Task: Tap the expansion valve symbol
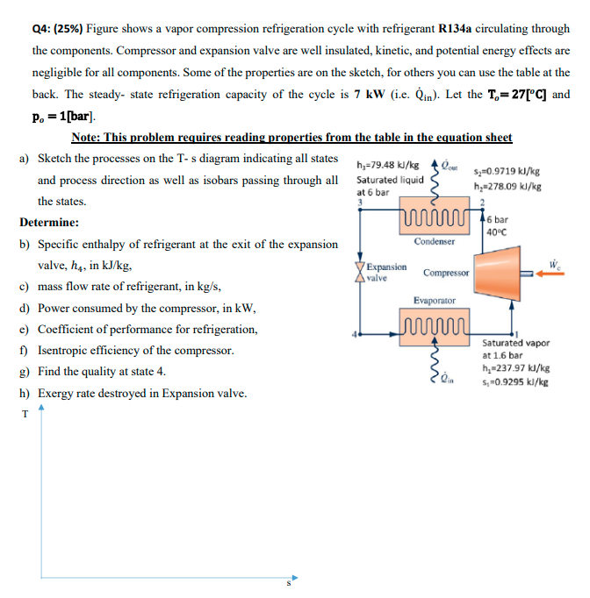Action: [358, 271]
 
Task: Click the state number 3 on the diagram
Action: [358, 202]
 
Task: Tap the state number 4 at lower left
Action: [355, 334]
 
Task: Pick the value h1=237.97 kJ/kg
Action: [516, 369]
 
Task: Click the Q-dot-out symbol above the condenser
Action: [448, 164]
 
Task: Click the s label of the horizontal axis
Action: [285, 585]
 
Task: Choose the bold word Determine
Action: [49, 223]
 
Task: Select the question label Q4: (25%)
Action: [50, 28]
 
